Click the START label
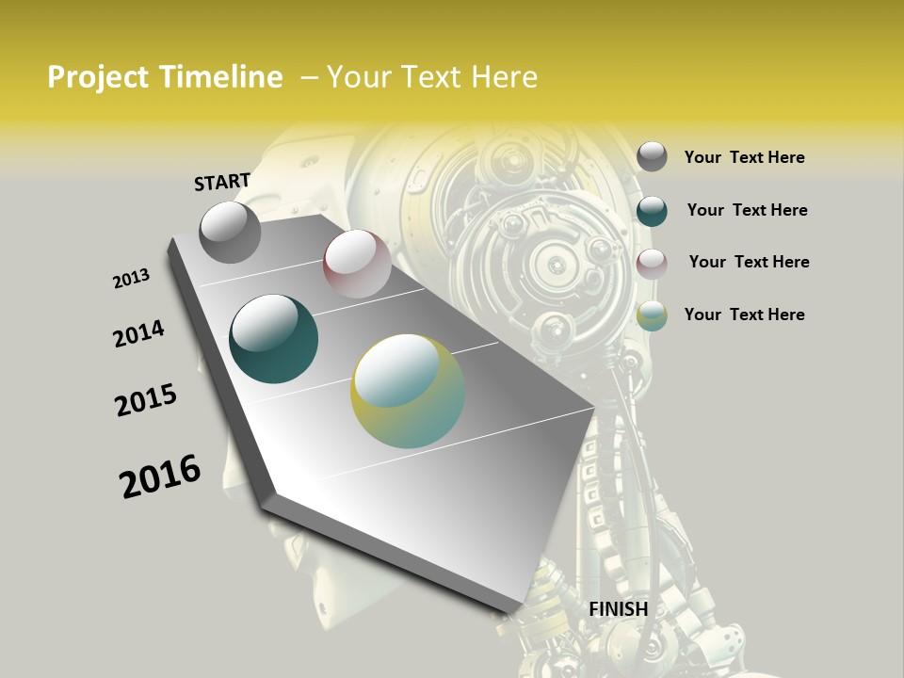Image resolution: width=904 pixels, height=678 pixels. [x=222, y=182]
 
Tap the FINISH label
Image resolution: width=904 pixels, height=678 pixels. [x=619, y=609]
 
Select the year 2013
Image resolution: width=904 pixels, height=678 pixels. [x=131, y=279]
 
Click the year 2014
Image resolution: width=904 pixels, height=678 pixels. [x=138, y=333]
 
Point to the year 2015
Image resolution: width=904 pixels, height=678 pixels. [x=146, y=400]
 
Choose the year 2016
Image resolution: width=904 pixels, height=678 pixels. [x=160, y=476]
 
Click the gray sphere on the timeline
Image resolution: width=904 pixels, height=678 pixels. [x=230, y=232]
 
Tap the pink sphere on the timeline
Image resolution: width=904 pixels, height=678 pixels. [x=357, y=264]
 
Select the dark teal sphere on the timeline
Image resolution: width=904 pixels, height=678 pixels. [x=274, y=339]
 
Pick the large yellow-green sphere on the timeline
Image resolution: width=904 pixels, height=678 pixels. [x=408, y=391]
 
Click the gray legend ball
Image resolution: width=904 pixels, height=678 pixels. [x=652, y=156]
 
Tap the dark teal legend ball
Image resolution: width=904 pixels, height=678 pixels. [x=652, y=211]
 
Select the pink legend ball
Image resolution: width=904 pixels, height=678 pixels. [x=652, y=264]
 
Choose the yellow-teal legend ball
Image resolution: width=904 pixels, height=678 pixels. [x=652, y=315]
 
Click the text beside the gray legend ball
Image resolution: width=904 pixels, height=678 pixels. [x=744, y=157]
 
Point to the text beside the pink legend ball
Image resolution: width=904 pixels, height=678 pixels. [x=749, y=262]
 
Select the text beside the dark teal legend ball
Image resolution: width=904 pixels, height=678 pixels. [x=747, y=210]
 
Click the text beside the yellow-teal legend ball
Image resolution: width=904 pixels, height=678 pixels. [x=744, y=315]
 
